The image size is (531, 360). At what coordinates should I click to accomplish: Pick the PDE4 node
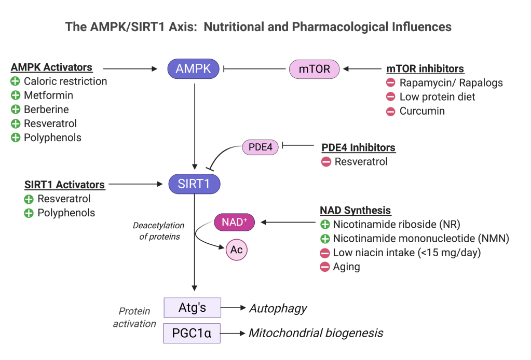point(261,147)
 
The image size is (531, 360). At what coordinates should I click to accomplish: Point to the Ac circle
point(237,250)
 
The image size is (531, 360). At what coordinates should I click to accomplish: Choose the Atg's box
point(193,308)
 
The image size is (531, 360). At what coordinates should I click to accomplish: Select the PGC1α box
point(192,333)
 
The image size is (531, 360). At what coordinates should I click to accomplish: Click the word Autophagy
point(278,309)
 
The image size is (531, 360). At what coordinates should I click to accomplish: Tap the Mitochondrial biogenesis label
point(316,333)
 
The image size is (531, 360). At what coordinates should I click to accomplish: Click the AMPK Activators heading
point(51,67)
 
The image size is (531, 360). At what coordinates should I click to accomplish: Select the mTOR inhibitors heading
point(425,69)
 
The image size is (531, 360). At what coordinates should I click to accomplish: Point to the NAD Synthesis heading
point(355,211)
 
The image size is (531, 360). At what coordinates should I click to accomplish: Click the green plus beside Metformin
point(15,95)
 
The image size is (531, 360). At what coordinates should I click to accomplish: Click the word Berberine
point(46,109)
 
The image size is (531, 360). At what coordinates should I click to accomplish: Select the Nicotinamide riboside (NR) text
point(397,225)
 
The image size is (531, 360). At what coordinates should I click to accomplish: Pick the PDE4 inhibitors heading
point(358,148)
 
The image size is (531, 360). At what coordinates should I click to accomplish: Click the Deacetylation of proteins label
point(158,231)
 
